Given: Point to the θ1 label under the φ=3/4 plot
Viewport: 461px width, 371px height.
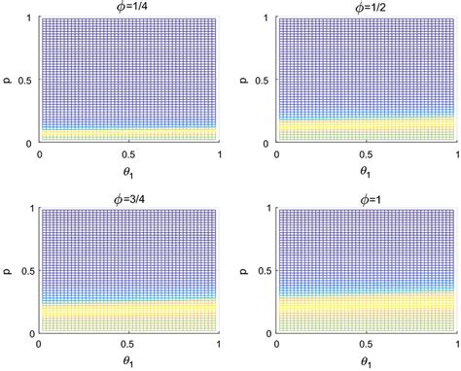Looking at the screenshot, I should tap(129, 360).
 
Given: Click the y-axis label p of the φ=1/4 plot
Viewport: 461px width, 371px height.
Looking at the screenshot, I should tap(8, 81).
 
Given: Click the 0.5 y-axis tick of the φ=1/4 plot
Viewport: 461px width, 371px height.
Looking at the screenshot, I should tap(24, 81).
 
